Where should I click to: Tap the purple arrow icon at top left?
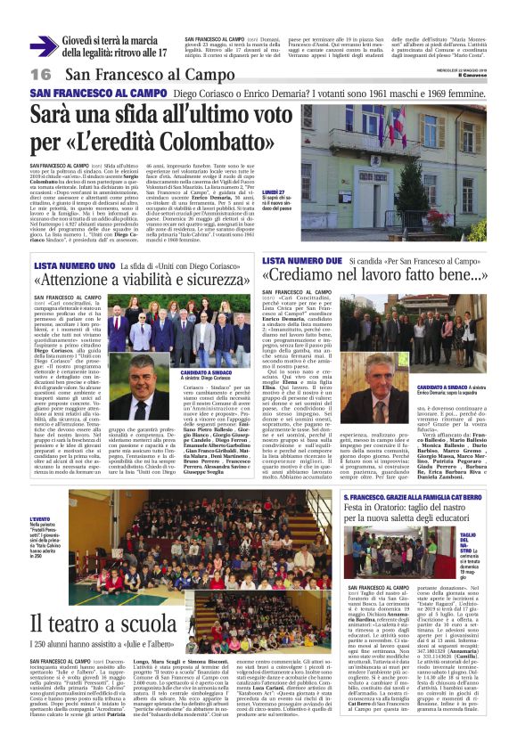(43, 46)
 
